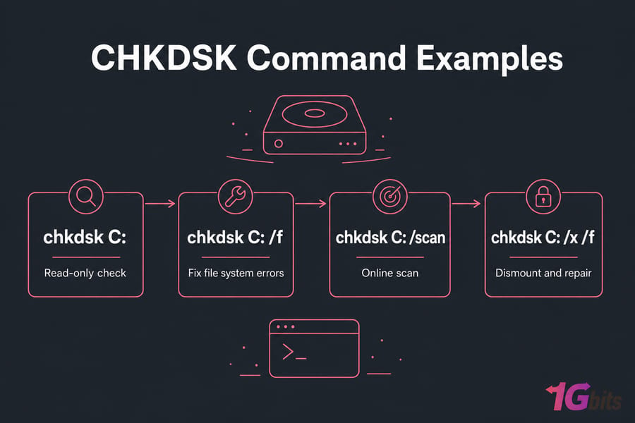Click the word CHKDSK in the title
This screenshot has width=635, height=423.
[164, 58]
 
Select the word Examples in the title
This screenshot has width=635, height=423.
[490, 59]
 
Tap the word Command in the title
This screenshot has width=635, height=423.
[327, 58]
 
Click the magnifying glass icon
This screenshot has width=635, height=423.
[86, 197]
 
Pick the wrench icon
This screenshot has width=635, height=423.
[235, 197]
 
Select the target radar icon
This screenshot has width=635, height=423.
[389, 197]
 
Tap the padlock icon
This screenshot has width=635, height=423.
[543, 197]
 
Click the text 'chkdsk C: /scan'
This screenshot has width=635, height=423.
[390, 238]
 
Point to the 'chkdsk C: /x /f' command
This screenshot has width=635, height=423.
[543, 238]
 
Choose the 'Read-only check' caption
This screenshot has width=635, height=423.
[85, 274]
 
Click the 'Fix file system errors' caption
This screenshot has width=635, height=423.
[236, 274]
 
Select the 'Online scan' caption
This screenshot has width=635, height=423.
[389, 274]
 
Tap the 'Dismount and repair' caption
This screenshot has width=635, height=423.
[543, 274]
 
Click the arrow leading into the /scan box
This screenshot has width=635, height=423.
[310, 203]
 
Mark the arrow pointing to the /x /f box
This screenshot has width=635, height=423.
[466, 203]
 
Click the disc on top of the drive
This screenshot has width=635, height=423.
[315, 114]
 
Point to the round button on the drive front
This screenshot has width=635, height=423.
[278, 143]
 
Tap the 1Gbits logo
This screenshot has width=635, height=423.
[583, 397]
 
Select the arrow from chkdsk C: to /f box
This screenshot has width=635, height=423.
[160, 203]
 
